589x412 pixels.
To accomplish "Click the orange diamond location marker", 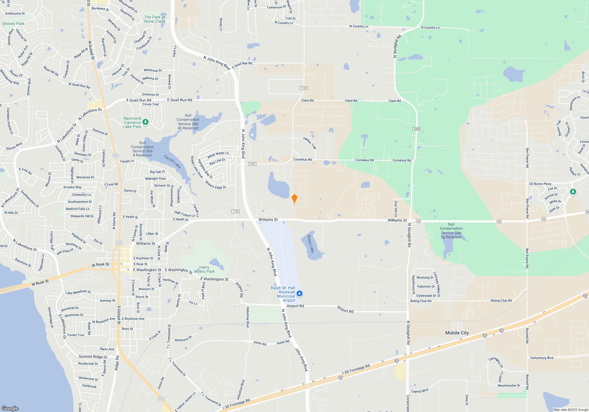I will [294, 198].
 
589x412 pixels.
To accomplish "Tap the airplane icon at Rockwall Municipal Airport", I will [300, 293].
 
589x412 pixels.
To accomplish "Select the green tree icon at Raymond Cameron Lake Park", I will [145, 122].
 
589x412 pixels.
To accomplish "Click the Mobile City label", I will [457, 333].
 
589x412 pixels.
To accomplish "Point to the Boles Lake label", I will [311, 244].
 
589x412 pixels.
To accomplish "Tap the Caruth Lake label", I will [172, 162].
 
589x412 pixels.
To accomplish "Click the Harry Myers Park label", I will [204, 269].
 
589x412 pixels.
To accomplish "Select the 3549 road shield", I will [416, 129].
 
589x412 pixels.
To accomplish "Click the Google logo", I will [10, 408].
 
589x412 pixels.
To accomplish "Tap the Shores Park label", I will [13, 24].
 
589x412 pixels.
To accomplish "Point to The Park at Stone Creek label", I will [155, 19].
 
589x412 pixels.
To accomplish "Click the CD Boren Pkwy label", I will [540, 184].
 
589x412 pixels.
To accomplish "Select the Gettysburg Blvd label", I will [542, 358].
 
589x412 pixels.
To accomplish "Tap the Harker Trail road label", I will [310, 143].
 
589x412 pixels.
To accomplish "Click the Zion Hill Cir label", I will [396, 209].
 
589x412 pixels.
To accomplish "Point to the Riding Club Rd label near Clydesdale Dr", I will [421, 301].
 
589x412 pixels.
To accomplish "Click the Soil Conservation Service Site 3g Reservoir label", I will [451, 231].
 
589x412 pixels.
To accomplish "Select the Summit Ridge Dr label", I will [93, 357].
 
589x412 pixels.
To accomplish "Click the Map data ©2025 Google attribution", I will [570, 410].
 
